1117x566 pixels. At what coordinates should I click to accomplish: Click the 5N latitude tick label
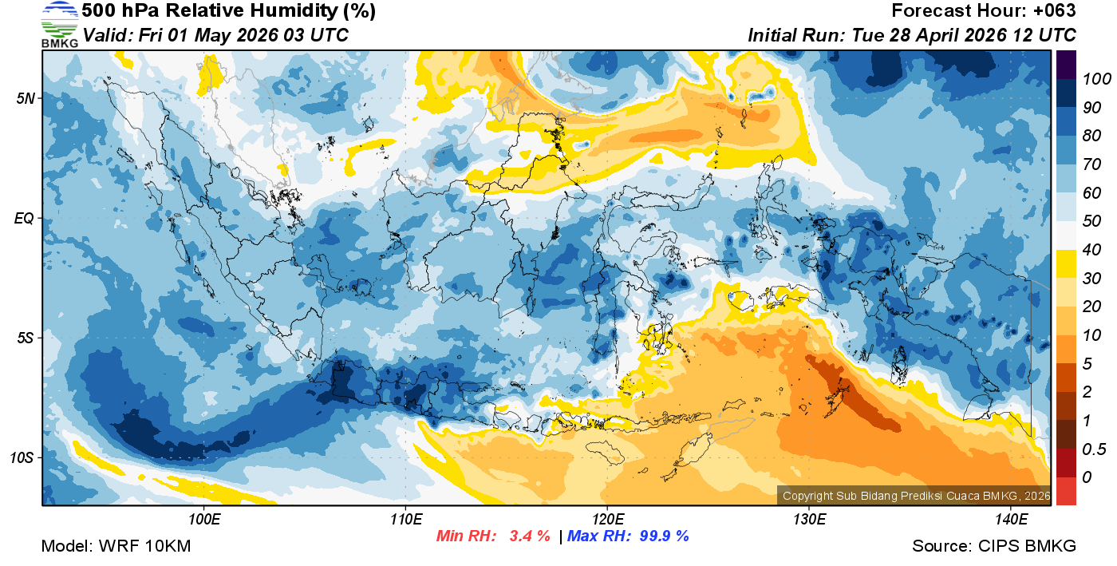coord(25,98)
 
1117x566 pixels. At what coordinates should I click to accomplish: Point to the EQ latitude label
coord(25,218)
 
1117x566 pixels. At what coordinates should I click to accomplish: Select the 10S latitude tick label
coord(22,458)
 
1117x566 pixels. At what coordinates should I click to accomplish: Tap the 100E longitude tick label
coord(203,520)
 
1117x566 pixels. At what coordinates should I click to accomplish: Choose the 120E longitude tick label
coord(607,520)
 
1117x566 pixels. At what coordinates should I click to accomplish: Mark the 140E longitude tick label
coord(1011,520)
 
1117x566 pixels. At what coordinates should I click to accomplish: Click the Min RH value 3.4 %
coord(530,536)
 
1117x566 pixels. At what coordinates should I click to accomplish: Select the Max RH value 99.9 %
coord(664,536)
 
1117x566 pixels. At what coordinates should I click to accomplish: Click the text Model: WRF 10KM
coord(116,546)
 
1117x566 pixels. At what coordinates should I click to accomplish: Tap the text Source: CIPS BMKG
coord(994,546)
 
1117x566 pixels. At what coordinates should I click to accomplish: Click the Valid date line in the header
coord(215,35)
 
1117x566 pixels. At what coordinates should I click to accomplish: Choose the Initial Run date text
coord(912,35)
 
